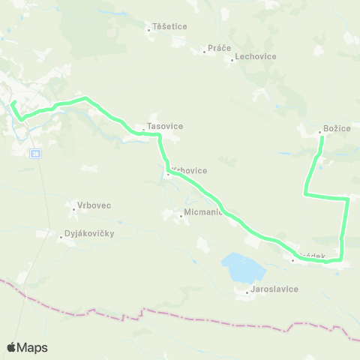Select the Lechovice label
256,56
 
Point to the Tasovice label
165,126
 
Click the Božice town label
337,129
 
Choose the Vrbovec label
94,205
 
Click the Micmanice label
201,213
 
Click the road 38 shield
35,154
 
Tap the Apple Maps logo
27,347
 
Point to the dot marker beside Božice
320,133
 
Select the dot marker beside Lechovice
232,59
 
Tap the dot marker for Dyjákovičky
60,238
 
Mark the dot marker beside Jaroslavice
247,292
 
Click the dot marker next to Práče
204,52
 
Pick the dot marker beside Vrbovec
73,208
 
